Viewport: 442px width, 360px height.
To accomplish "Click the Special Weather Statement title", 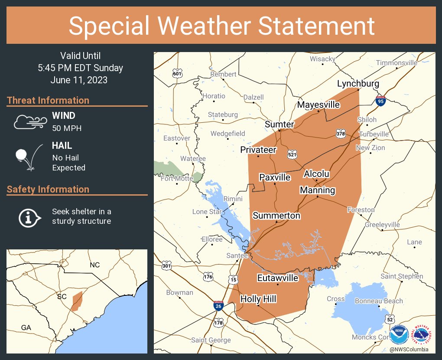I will pos(221,26).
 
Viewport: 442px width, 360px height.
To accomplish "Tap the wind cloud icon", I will pos(29,122).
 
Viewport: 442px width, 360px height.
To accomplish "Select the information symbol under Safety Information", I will pos(29,217).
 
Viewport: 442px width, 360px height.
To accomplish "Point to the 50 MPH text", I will pos(67,128).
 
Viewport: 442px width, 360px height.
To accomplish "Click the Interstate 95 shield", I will pos(380,101).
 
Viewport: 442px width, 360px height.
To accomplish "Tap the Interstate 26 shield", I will pos(219,306).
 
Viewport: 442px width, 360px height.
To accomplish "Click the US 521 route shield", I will pos(292,154).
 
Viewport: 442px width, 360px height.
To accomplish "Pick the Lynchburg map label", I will pos(358,84).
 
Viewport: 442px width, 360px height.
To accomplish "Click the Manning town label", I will pos(317,190).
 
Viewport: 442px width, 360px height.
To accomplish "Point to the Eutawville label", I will pos(277,278).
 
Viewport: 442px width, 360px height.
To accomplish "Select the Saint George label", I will pos(211,340).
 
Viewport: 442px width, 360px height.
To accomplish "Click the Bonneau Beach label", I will pos(379,301).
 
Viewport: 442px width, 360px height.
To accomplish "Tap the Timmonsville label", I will pos(396,62).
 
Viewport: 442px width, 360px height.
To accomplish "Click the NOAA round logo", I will pos(399,335).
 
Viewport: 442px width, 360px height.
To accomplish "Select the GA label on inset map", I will pos(26,328).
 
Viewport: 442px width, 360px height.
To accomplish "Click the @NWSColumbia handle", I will pos(409,350).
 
